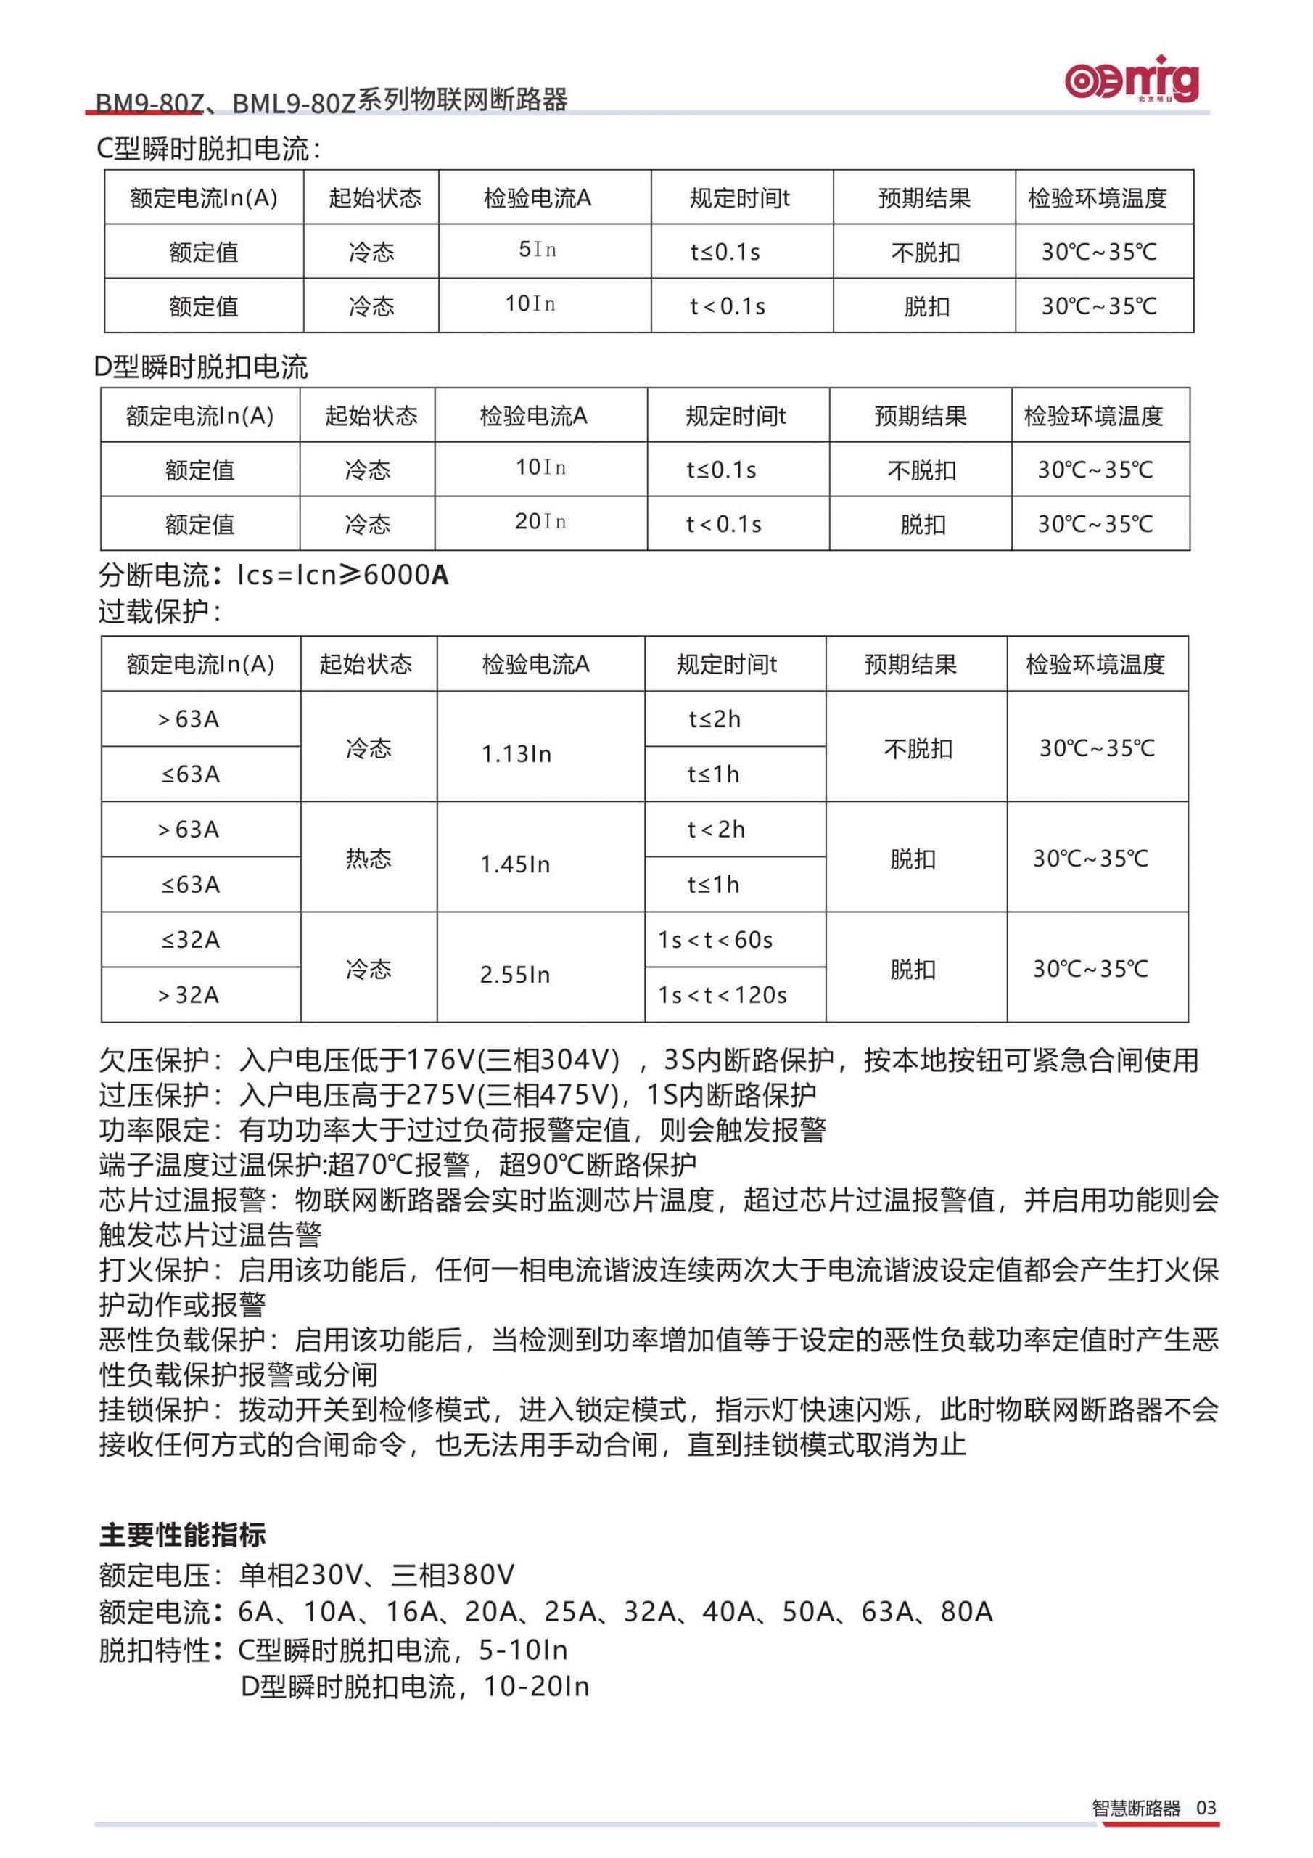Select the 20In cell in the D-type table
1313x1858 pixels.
[540, 522]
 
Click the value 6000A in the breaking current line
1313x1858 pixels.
[406, 575]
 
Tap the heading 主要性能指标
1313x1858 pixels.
[182, 1534]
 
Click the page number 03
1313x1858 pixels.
[1206, 1807]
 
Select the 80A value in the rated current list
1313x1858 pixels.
[966, 1611]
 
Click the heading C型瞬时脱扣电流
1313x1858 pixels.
[208, 149]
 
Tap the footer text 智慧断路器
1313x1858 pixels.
[1136, 1808]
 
